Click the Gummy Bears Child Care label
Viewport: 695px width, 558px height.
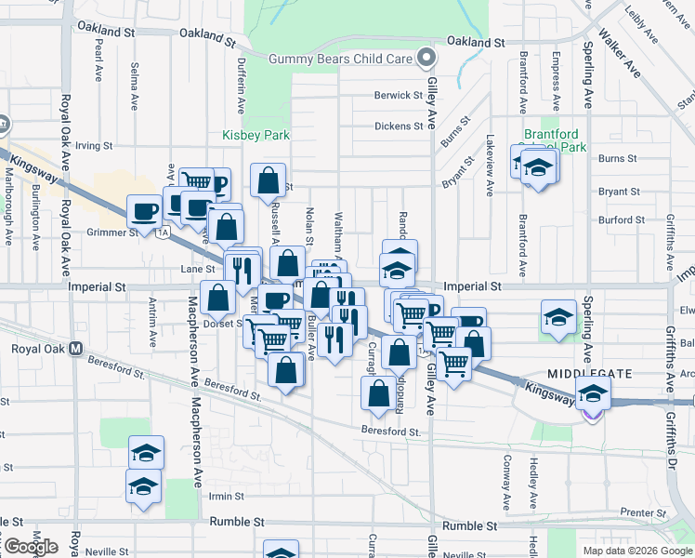(340, 59)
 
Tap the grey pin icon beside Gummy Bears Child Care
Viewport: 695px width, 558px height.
(426, 59)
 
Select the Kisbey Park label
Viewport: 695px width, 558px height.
(256, 135)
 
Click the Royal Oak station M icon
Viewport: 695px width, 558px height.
(76, 350)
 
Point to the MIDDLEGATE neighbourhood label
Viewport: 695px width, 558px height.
(590, 373)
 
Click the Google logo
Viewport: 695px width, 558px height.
(30, 547)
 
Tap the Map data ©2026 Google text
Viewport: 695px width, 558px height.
(637, 551)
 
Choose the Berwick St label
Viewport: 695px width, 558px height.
(399, 96)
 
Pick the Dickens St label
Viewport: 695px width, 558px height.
(399, 126)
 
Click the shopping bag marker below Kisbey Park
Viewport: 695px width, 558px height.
(268, 181)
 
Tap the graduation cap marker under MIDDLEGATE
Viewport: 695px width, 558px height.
(593, 394)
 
